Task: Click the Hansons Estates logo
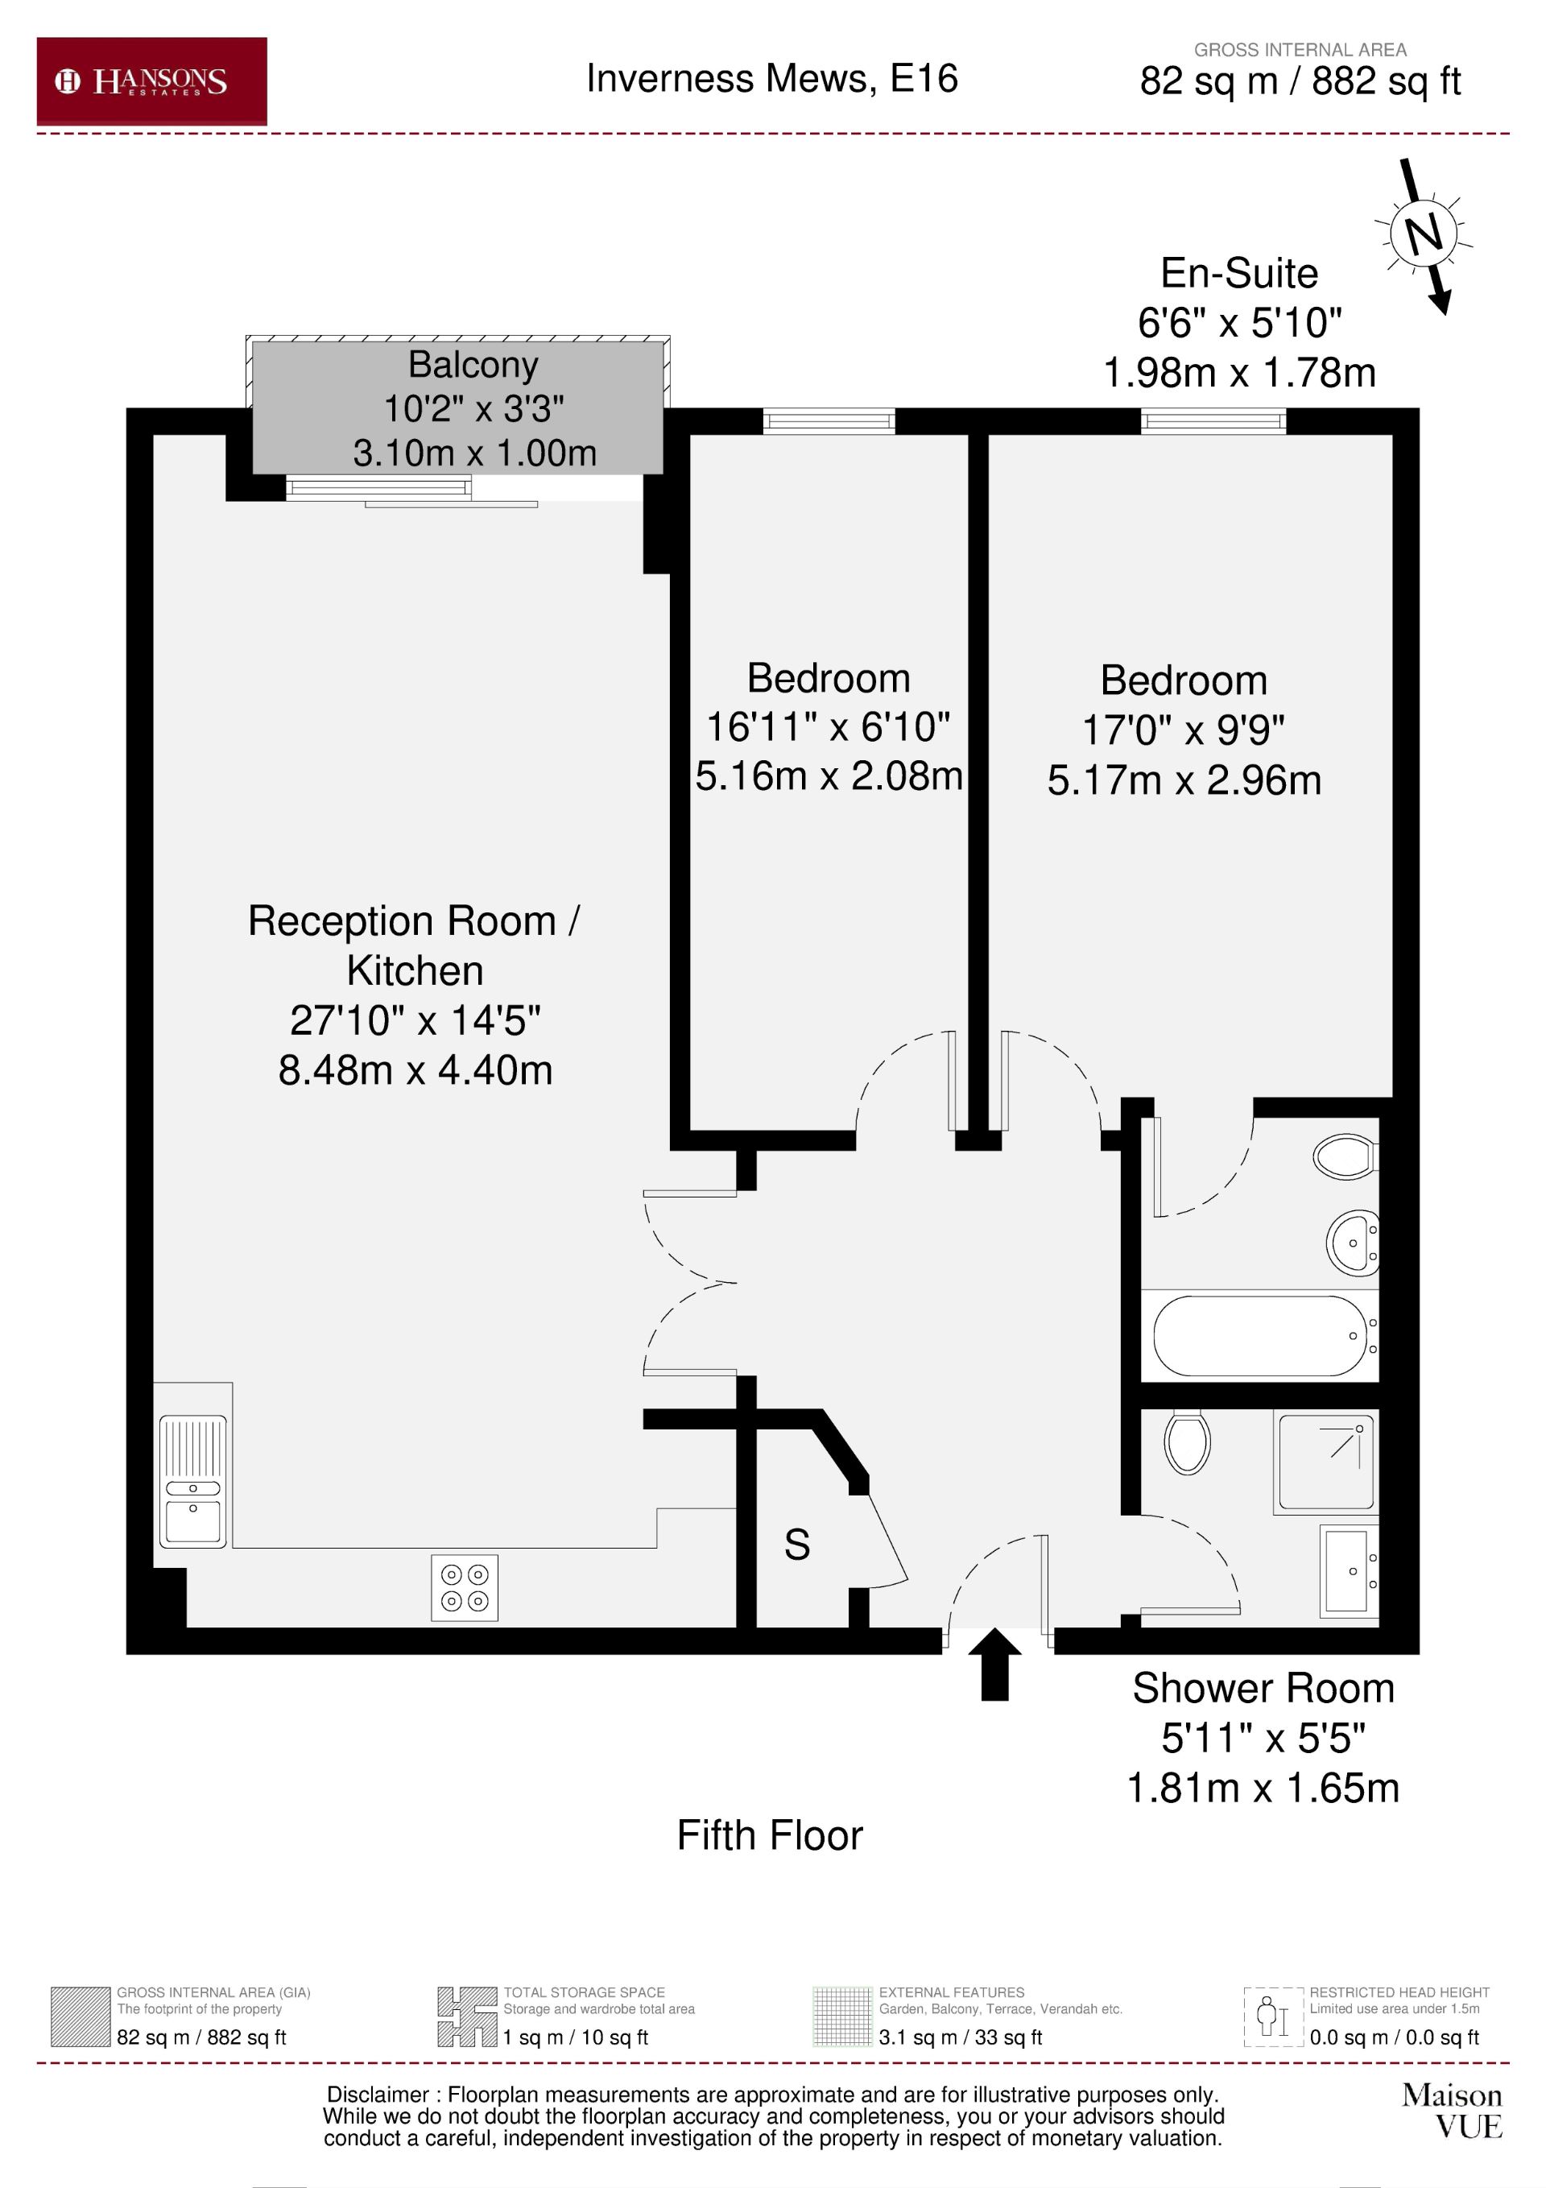click(x=151, y=81)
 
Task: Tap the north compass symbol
click(x=1423, y=234)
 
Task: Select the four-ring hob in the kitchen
click(x=464, y=1587)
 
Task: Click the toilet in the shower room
click(x=1187, y=1443)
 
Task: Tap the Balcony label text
click(x=473, y=364)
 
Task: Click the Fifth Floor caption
click(x=769, y=1836)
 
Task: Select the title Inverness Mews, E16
click(x=771, y=78)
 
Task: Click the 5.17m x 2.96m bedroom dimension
click(x=1184, y=780)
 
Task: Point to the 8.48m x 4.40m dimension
click(x=415, y=1070)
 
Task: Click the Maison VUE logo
click(x=1452, y=2111)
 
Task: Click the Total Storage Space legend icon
click(x=468, y=2017)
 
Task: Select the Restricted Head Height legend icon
click(x=1272, y=2017)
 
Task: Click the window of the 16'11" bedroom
click(x=829, y=420)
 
